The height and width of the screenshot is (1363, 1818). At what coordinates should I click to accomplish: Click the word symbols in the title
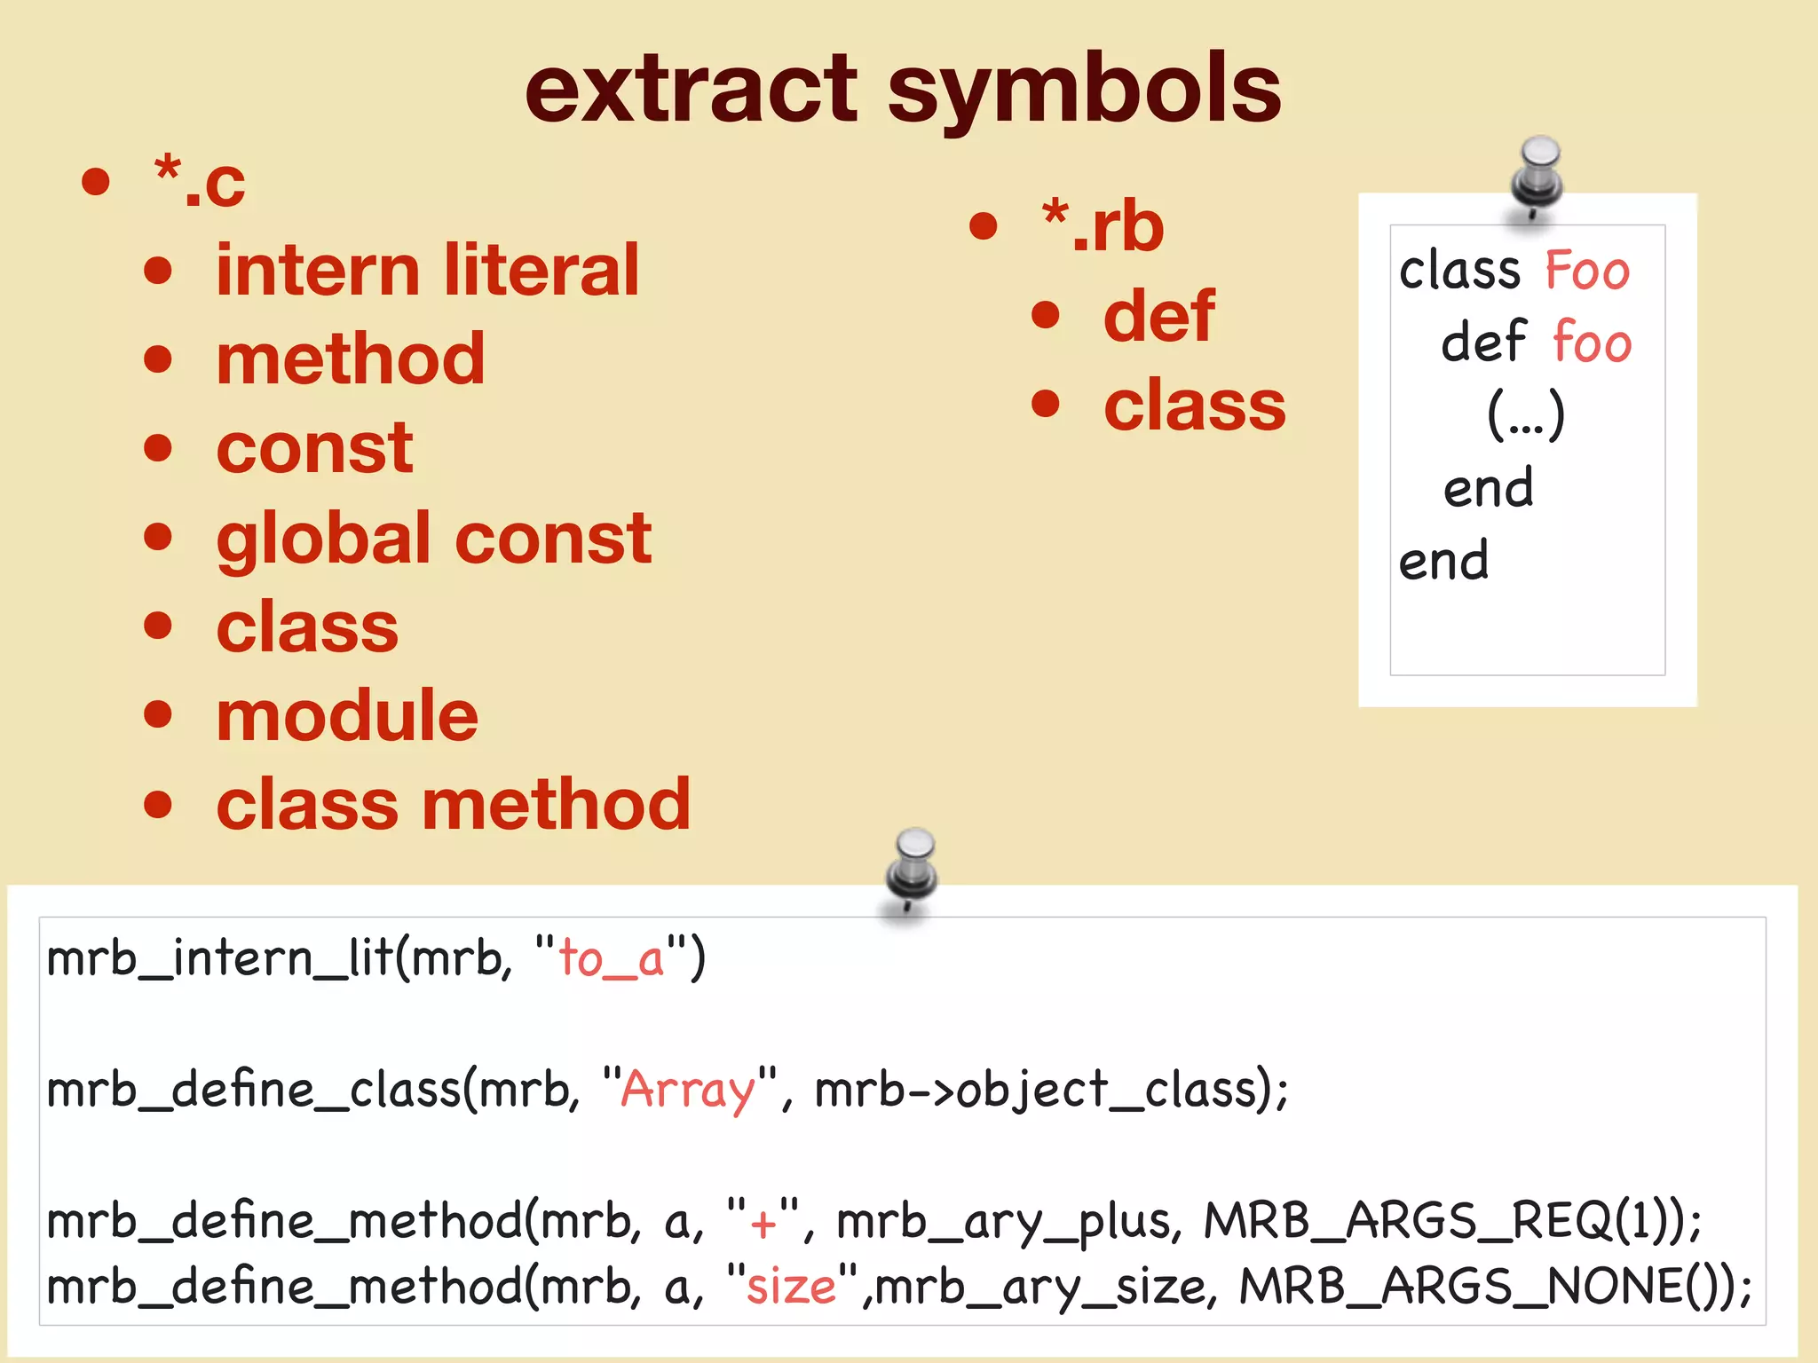click(x=1084, y=89)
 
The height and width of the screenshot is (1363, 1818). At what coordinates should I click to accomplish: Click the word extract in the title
click(x=691, y=89)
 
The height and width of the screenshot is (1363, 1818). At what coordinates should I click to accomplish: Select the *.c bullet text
click(x=200, y=182)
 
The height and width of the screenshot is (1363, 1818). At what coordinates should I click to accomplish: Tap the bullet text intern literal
click(x=427, y=271)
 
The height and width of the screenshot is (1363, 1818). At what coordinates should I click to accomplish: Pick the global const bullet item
click(x=434, y=538)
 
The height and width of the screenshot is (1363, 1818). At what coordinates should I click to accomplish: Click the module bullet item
click(x=347, y=715)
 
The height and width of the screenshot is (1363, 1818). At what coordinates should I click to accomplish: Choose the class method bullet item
click(x=454, y=804)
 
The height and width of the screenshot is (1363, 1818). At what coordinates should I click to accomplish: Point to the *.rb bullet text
click(x=1103, y=226)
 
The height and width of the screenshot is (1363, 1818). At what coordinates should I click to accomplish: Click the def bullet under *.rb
click(x=1159, y=316)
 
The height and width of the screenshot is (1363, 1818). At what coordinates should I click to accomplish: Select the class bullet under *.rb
click(x=1195, y=405)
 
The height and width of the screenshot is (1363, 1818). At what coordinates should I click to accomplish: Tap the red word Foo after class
click(x=1587, y=271)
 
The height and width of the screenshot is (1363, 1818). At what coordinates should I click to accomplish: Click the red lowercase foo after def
click(x=1593, y=343)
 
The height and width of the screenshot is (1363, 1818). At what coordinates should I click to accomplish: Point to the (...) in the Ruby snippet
click(x=1526, y=415)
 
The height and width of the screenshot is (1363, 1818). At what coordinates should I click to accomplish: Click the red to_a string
click(x=612, y=959)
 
